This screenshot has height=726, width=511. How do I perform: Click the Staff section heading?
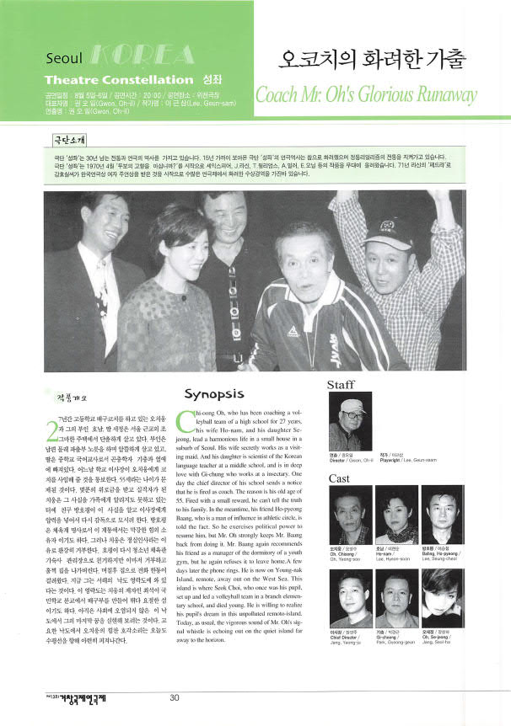341,385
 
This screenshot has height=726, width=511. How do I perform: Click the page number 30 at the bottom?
175,697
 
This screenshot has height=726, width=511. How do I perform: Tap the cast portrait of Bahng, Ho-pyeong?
442,515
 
